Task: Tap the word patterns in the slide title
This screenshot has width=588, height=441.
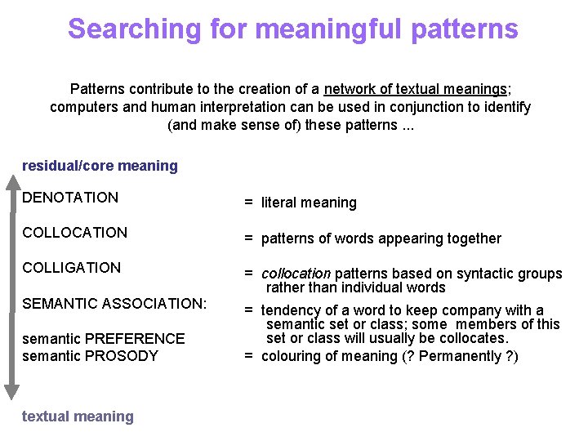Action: pyautogui.click(x=464, y=29)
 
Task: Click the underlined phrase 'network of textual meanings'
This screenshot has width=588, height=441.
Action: pyautogui.click(x=416, y=88)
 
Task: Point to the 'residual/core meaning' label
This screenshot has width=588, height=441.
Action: pyautogui.click(x=100, y=166)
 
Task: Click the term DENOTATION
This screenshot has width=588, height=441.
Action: pyautogui.click(x=70, y=198)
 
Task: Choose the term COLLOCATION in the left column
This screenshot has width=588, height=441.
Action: pyautogui.click(x=75, y=233)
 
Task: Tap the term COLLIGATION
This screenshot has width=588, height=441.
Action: pyautogui.click(x=72, y=268)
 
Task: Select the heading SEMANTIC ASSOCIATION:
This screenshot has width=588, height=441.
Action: pyautogui.click(x=115, y=304)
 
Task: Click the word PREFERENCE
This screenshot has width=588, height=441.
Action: pyautogui.click(x=135, y=338)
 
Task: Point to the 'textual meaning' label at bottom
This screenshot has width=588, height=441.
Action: pyautogui.click(x=78, y=416)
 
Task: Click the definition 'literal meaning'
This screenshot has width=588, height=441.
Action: pyautogui.click(x=309, y=203)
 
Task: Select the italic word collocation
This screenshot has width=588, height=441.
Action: pyautogui.click(x=296, y=274)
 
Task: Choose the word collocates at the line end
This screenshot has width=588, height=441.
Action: pyautogui.click(x=474, y=338)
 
